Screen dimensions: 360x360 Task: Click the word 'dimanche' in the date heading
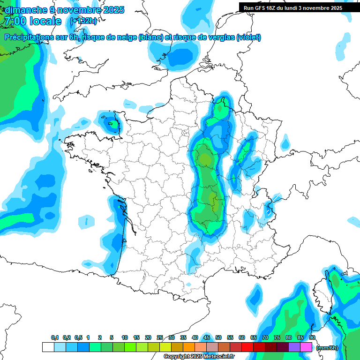point(23,10)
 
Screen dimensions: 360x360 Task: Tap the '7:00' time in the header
point(15,21)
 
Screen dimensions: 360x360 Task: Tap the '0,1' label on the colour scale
point(54,337)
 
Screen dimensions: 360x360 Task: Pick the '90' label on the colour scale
point(312,337)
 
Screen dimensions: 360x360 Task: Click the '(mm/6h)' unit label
point(327,348)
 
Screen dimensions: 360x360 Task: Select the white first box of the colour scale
point(48,347)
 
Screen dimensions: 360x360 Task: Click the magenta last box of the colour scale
point(306,347)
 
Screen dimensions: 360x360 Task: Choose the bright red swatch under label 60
point(247,347)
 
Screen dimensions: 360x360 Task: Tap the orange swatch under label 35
point(189,347)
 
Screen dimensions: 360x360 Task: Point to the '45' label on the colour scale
point(207,337)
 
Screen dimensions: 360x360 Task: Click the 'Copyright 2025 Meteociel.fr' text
point(199,357)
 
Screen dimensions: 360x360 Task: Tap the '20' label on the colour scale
point(148,337)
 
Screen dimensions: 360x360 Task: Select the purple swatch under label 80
point(294,347)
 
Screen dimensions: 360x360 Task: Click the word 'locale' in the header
point(45,21)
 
